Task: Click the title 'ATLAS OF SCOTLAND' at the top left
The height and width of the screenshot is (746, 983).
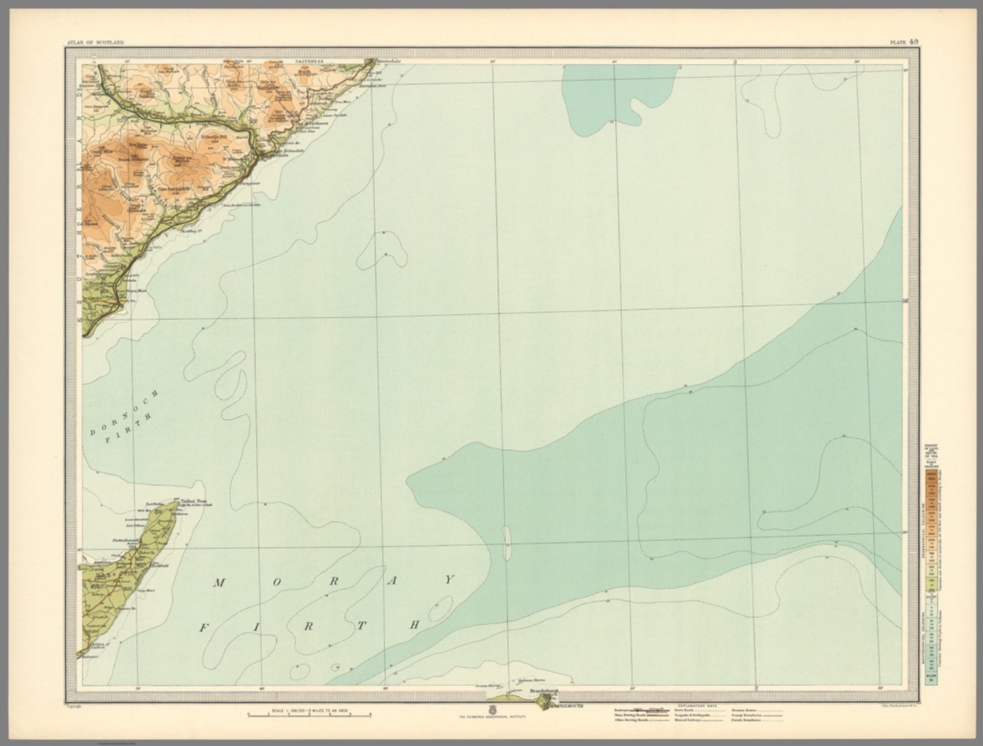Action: (95, 42)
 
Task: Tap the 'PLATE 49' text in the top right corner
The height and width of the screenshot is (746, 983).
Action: (904, 42)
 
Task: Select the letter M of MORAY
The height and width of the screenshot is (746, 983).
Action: (219, 582)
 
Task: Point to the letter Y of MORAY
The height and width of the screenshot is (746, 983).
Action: (449, 579)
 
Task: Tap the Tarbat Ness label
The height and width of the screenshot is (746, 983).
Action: (193, 502)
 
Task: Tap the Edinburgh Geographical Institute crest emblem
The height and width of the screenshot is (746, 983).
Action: (491, 710)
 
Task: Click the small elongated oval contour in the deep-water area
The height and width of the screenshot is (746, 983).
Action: (507, 541)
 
